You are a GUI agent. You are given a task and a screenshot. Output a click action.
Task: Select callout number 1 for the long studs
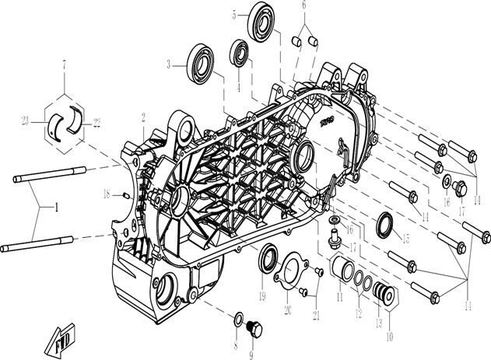pos(55,208)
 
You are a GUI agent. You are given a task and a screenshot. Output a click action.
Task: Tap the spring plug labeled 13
pos(381,293)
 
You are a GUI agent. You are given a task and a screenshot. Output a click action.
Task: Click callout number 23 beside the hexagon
pos(25,121)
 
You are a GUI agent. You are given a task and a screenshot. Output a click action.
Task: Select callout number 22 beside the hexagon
pos(97,121)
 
